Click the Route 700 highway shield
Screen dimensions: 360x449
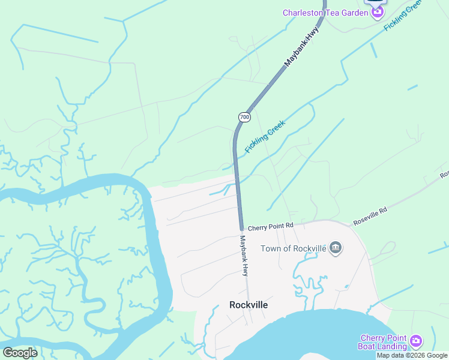click(x=244, y=116)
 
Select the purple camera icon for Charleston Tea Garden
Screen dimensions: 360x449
click(x=377, y=13)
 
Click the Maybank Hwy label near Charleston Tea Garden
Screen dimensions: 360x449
click(x=300, y=49)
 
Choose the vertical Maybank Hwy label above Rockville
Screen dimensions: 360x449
click(x=244, y=254)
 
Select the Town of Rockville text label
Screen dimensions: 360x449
click(x=294, y=248)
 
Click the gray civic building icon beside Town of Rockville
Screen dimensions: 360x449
click(x=336, y=248)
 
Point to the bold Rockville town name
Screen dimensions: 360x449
click(x=249, y=305)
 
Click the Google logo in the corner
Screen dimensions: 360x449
click(x=20, y=353)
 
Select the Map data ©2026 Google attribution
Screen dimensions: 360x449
click(x=412, y=355)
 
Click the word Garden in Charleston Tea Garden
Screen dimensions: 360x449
click(x=352, y=13)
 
